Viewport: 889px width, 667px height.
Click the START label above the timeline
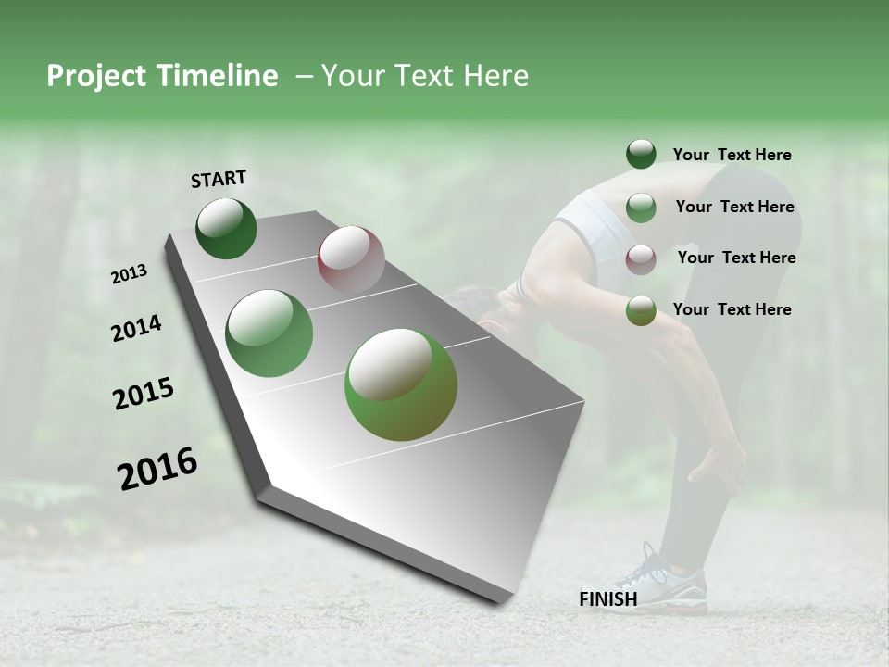coord(219,179)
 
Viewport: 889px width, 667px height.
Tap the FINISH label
coord(607,599)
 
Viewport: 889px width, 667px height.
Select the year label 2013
coord(130,274)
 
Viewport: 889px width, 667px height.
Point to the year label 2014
coord(136,329)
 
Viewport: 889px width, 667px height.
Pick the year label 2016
coord(157,469)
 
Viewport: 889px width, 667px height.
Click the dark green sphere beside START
coord(226,228)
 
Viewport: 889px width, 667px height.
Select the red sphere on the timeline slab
coord(351,259)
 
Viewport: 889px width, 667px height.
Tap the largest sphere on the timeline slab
coord(401,384)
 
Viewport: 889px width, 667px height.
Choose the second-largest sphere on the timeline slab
coord(269,333)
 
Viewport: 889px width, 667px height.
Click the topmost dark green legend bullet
coord(641,154)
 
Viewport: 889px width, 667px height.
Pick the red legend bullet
coord(641,259)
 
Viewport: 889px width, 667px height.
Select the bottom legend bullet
coord(641,310)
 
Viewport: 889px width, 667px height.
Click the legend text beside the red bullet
coord(736,258)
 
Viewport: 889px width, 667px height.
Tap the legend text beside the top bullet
coord(732,155)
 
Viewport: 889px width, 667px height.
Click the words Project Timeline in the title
coord(162,76)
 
